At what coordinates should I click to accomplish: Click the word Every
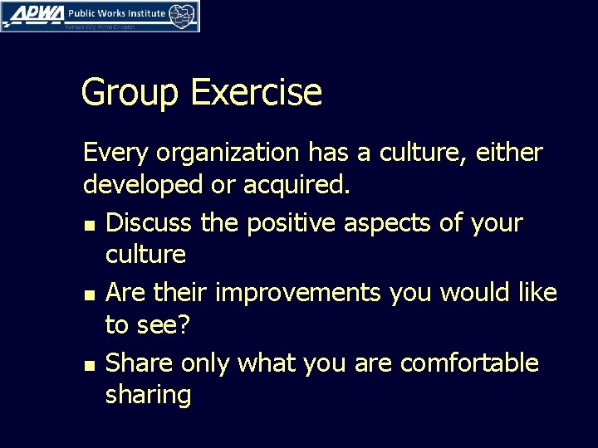tap(116, 153)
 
